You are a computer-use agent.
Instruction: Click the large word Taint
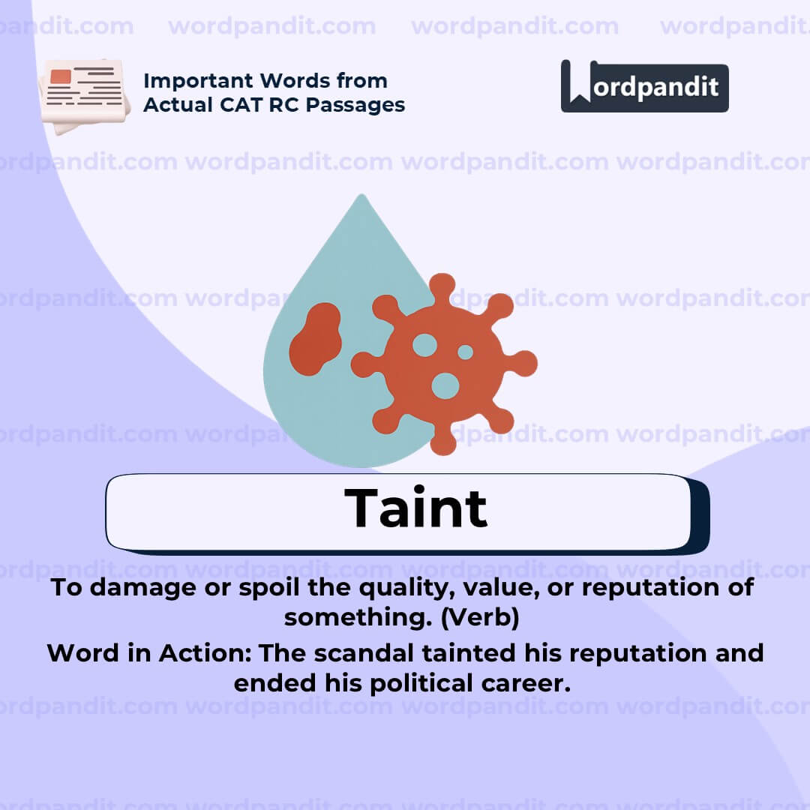tap(415, 508)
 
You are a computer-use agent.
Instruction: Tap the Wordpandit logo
tap(644, 87)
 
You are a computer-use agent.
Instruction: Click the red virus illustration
tap(444, 364)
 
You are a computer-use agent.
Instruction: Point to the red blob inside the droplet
tap(315, 338)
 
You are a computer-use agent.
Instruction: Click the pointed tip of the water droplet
tap(362, 198)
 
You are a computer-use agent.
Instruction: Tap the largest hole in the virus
tap(445, 385)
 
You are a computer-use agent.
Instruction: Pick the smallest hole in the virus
tap(465, 352)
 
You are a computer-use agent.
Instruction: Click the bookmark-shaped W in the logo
tap(579, 82)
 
